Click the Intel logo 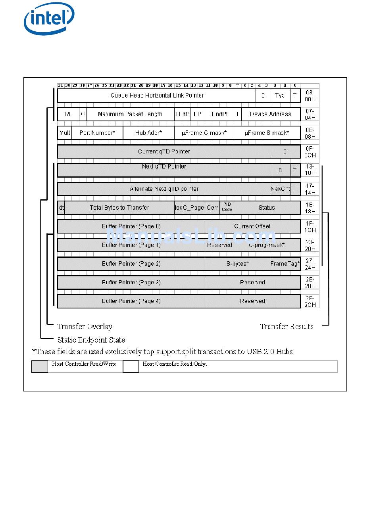[x=49, y=19]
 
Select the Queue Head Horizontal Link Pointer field [x=157, y=96]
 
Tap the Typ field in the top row [x=280, y=96]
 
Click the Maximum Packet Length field [x=130, y=114]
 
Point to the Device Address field [x=270, y=114]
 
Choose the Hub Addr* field [x=148, y=133]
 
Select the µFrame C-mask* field [x=204, y=133]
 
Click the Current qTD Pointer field [x=164, y=151]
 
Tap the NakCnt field [x=280, y=189]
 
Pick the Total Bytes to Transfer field [x=119, y=208]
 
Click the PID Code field [x=227, y=207]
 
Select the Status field [x=267, y=208]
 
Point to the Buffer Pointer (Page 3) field [x=131, y=283]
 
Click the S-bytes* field [x=238, y=264]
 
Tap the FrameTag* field [x=285, y=264]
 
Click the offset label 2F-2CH [x=310, y=302]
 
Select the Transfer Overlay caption [x=85, y=327]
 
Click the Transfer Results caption [x=287, y=327]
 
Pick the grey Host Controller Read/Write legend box [x=40, y=367]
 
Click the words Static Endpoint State [x=91, y=340]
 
